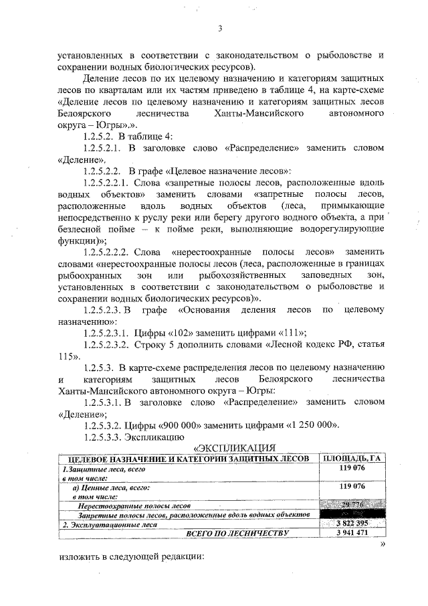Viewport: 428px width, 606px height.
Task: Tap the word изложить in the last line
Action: (78, 557)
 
